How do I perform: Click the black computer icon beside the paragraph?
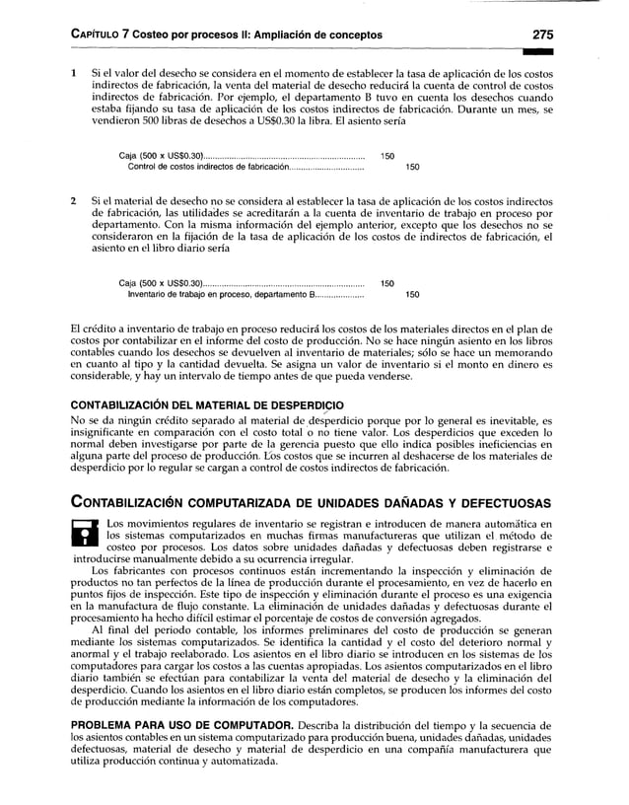pos(87,531)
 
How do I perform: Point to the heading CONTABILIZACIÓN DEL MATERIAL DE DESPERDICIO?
pos(208,404)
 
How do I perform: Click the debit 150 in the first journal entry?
pos(387,155)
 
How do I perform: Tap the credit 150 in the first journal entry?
pos(414,166)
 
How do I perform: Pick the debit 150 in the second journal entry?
pos(387,283)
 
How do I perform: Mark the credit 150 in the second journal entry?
pos(414,294)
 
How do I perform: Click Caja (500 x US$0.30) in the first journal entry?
pos(161,155)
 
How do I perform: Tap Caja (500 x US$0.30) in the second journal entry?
pos(161,283)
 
